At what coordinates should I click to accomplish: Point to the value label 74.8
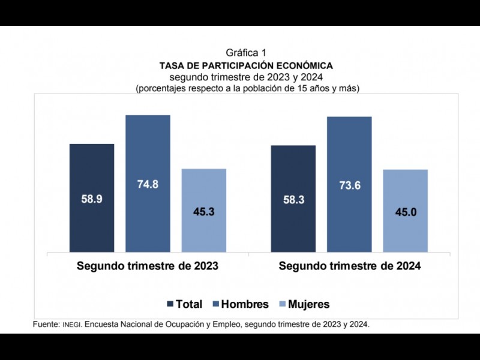[x=148, y=184]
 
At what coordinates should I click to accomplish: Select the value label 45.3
[x=203, y=211]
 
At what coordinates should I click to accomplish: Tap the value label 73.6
[x=349, y=185]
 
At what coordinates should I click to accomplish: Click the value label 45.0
[x=405, y=212]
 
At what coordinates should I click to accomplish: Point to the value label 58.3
[x=293, y=200]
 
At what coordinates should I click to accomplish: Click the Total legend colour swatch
[x=170, y=304]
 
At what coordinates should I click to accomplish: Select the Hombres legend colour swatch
[x=216, y=304]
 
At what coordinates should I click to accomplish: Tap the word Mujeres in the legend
[x=308, y=304]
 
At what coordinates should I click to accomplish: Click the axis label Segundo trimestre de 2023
[x=147, y=266]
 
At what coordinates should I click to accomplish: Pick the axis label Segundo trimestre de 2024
[x=349, y=266]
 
